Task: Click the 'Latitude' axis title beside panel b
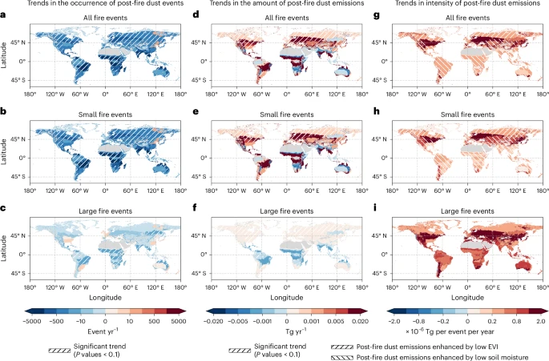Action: [x=6, y=144]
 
